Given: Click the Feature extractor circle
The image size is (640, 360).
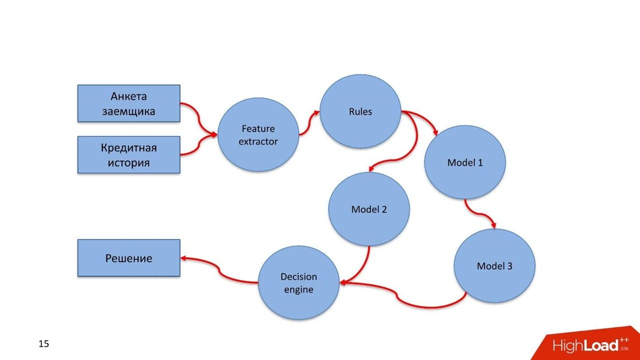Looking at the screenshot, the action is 258,134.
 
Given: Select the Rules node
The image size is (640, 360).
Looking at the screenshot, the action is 360,111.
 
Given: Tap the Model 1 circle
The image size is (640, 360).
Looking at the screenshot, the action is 465,162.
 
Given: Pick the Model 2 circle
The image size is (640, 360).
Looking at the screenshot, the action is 369,209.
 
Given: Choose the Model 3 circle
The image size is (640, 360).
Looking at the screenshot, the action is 494,265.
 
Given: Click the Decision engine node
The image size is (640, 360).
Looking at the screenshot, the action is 298,283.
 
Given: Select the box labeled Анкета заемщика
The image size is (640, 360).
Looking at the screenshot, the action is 129,103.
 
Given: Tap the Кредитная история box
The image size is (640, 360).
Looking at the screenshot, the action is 129,155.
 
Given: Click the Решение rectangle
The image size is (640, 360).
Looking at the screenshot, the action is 129,258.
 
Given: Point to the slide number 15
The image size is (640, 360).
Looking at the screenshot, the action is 43,343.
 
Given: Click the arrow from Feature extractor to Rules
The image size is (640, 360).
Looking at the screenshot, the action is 309,123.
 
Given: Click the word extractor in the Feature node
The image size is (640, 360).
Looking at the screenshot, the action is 258,141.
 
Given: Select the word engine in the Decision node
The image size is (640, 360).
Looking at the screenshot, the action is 298,289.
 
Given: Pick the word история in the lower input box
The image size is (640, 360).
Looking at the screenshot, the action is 129,162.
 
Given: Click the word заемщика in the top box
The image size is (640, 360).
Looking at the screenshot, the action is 129,111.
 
